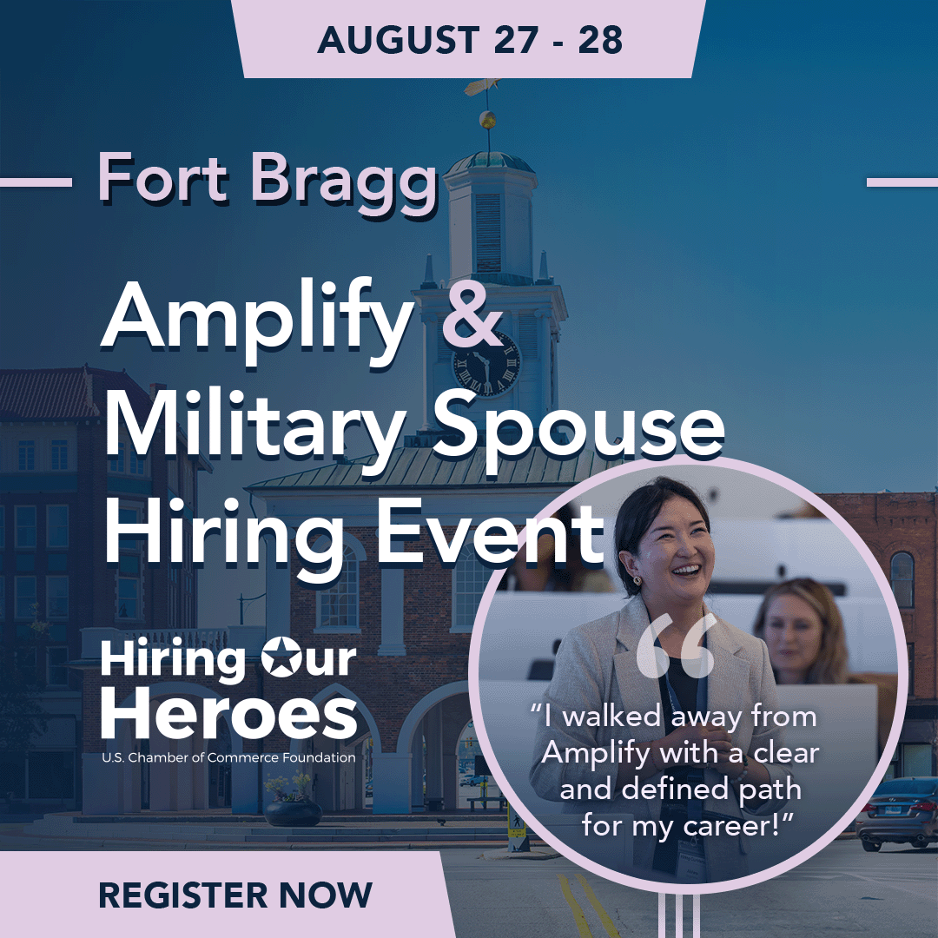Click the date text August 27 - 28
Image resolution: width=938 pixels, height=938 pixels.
470,40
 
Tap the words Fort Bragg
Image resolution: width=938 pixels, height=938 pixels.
268,180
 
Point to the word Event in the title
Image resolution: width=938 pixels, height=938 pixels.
490,532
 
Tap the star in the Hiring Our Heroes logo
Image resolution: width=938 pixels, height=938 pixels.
281,657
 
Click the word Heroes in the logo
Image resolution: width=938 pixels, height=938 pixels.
229,713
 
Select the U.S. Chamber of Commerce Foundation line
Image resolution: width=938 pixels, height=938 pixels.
228,757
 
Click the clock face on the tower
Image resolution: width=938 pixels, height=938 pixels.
486,364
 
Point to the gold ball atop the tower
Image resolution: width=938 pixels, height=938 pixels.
487,120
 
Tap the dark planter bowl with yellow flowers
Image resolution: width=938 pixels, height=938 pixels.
294,811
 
